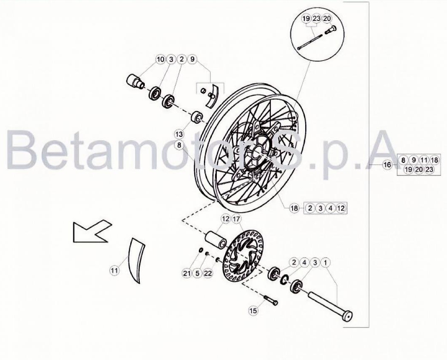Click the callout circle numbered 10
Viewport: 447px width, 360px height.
(161, 59)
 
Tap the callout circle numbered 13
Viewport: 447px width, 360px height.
(179, 134)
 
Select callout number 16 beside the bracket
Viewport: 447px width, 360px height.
(387, 165)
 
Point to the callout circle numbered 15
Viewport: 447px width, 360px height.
(253, 311)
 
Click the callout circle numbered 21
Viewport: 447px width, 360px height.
(187, 273)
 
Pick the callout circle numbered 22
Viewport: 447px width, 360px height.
(208, 273)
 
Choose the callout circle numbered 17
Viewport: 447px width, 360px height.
(236, 219)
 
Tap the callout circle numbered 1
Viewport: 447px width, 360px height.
(325, 262)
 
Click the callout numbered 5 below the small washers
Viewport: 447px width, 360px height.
(197, 273)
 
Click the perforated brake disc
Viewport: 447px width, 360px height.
(244, 252)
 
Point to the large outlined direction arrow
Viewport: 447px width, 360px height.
(92, 231)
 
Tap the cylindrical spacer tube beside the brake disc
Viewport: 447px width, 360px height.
(216, 240)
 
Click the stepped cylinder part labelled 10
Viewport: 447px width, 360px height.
(135, 81)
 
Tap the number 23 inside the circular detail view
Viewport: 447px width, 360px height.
(316, 19)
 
